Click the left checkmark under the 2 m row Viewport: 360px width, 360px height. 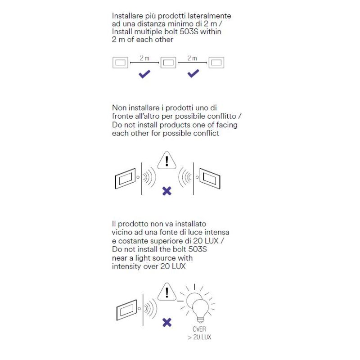[144, 74]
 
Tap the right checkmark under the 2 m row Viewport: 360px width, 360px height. [193, 73]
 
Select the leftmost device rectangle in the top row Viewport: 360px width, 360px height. [120, 63]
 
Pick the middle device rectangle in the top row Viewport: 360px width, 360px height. [168, 63]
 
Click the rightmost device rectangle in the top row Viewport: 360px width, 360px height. [216, 63]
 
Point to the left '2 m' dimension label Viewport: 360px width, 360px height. [144, 58]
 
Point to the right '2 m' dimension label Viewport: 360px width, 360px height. [192, 58]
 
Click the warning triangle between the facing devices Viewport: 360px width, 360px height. [167, 160]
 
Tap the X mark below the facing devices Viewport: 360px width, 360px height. [167, 191]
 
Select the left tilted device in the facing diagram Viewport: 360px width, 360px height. [125, 179]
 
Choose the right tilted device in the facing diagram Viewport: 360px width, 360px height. [210, 179]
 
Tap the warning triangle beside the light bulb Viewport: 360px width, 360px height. [167, 292]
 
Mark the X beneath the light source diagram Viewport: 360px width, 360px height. [167, 322]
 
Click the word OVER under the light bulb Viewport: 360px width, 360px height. [199, 329]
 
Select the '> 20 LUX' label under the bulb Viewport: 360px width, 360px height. [199, 337]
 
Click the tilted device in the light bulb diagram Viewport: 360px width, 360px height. [127, 310]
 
